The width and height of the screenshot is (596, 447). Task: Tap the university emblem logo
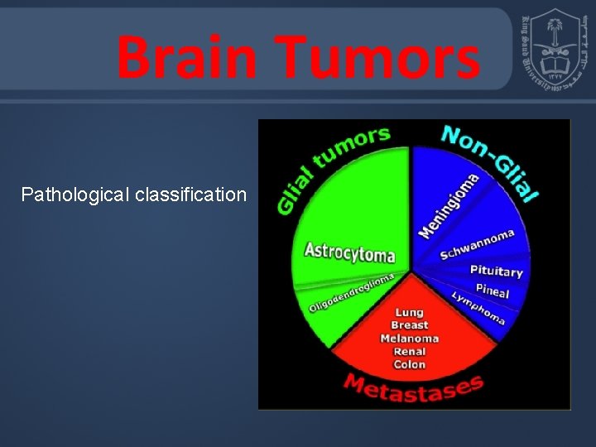click(554, 50)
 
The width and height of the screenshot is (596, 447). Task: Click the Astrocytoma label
click(349, 252)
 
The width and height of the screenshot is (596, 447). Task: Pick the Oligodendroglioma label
click(351, 293)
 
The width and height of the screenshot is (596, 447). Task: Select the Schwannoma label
click(477, 244)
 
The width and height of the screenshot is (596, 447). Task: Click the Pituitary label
click(496, 271)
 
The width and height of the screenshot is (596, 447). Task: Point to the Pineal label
click(492, 291)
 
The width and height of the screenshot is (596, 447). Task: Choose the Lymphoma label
click(478, 308)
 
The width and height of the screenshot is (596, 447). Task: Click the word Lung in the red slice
click(409, 312)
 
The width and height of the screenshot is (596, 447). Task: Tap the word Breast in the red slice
click(409, 325)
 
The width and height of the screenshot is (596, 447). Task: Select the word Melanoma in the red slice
click(409, 339)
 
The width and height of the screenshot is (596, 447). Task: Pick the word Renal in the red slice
click(409, 352)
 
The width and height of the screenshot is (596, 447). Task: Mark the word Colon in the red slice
click(409, 365)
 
